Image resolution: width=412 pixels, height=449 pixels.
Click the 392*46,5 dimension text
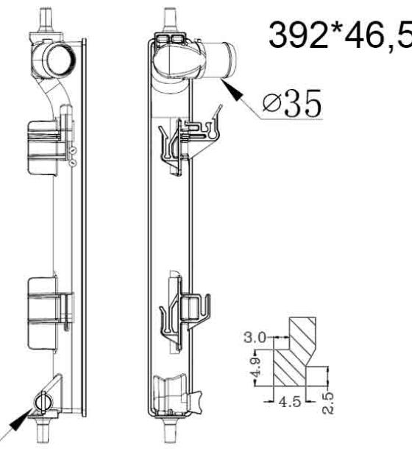pos(340,35)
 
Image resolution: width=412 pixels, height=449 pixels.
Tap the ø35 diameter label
pos(292,103)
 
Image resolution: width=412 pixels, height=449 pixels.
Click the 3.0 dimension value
pos(255,337)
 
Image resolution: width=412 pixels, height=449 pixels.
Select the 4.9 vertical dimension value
pos(257,367)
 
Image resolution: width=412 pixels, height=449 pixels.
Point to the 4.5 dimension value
pos(290,401)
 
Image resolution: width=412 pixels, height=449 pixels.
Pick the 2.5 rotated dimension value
pos(328,403)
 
